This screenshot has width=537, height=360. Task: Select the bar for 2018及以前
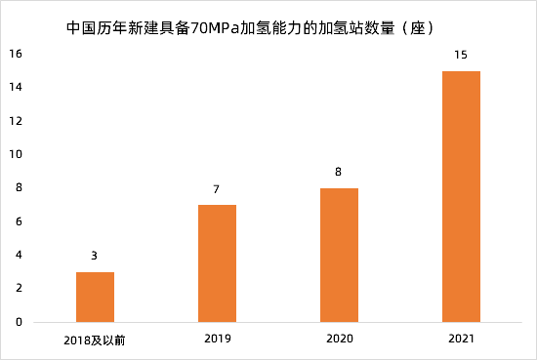(x=95, y=297)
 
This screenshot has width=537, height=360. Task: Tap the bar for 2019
(x=217, y=263)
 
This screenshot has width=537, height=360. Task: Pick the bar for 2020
(x=339, y=255)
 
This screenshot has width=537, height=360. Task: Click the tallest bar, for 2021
(x=461, y=196)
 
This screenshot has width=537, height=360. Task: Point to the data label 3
(x=95, y=256)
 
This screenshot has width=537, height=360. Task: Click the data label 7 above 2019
(x=217, y=188)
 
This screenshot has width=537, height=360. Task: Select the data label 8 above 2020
(x=339, y=172)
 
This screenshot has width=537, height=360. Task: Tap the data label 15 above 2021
(x=461, y=55)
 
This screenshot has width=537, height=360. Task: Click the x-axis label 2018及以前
(x=95, y=340)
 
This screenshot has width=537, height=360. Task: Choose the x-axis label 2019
(x=217, y=340)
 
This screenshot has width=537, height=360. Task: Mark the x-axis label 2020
(x=339, y=340)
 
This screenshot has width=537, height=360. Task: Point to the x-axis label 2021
(x=461, y=340)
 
